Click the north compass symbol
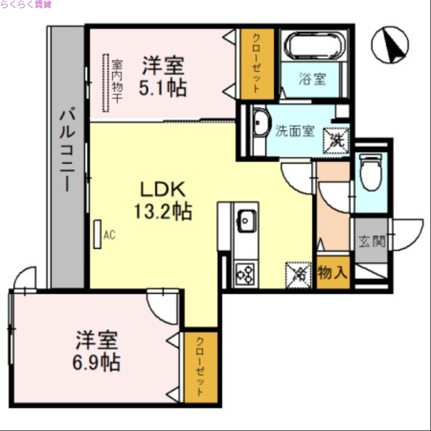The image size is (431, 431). (x=390, y=45)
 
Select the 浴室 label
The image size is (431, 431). (x=312, y=79)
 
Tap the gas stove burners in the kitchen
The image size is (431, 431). (x=246, y=273)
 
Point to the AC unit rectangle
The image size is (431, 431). (x=98, y=234)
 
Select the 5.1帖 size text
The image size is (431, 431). (x=162, y=88)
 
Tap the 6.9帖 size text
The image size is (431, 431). (x=97, y=362)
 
